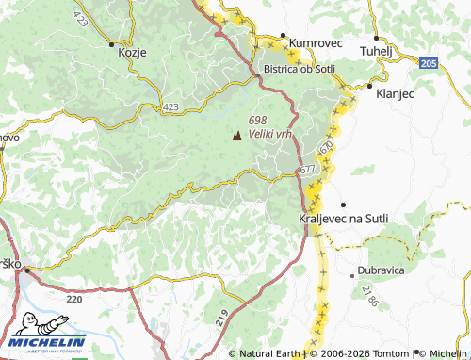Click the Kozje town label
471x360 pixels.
pos(132,53)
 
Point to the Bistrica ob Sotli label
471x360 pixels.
pos(300,69)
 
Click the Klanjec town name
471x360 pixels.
pos(395,94)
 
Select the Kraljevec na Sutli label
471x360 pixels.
pos(343,219)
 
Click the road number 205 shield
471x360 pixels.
pos(429,63)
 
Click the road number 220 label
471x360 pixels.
pos(74,298)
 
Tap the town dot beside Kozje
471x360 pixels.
pos(112,43)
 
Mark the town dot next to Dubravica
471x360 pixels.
pos(353,275)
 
